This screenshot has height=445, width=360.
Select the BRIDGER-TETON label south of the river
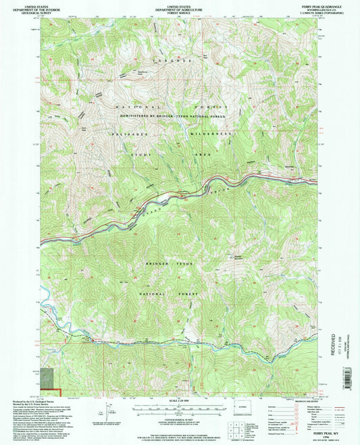pyautogui.click(x=169, y=263)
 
